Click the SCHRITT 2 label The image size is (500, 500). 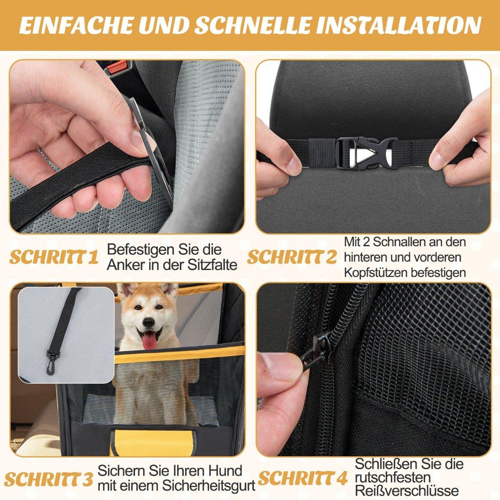[292, 257]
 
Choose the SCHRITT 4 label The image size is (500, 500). [302, 470]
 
